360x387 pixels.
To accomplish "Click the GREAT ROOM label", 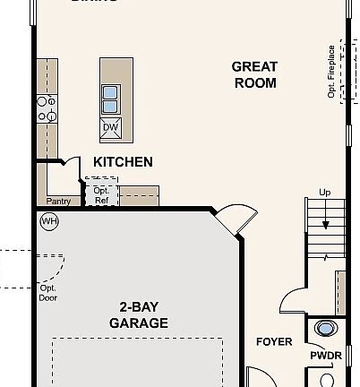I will pyautogui.click(x=254, y=74).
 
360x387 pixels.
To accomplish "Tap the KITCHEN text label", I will pyautogui.click(x=123, y=162).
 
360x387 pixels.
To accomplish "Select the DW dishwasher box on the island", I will pyautogui.click(x=111, y=127).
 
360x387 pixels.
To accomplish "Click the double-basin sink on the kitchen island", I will pyautogui.click(x=111, y=99).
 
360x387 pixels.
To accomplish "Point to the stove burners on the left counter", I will pyautogui.click(x=46, y=108).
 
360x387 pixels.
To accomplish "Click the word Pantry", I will pyautogui.click(x=58, y=202).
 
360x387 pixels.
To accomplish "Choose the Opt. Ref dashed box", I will pyautogui.click(x=100, y=194).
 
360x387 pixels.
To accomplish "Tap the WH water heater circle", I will pyautogui.click(x=47, y=220).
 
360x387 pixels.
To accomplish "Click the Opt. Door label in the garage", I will pyautogui.click(x=47, y=293).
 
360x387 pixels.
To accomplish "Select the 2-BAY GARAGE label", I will pyautogui.click(x=138, y=314).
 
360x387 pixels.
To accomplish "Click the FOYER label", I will pyautogui.click(x=274, y=342).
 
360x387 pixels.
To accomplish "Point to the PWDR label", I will pyautogui.click(x=325, y=357).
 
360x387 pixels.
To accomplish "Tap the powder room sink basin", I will pyautogui.click(x=326, y=329).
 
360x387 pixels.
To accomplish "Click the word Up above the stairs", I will pyautogui.click(x=325, y=193).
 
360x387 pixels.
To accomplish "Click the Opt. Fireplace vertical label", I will pyautogui.click(x=331, y=72).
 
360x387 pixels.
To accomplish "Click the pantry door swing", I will pyautogui.click(x=68, y=165).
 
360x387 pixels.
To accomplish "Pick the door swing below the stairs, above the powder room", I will pyautogui.click(x=292, y=304).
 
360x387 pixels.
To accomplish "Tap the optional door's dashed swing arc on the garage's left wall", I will pyautogui.click(x=56, y=265).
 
